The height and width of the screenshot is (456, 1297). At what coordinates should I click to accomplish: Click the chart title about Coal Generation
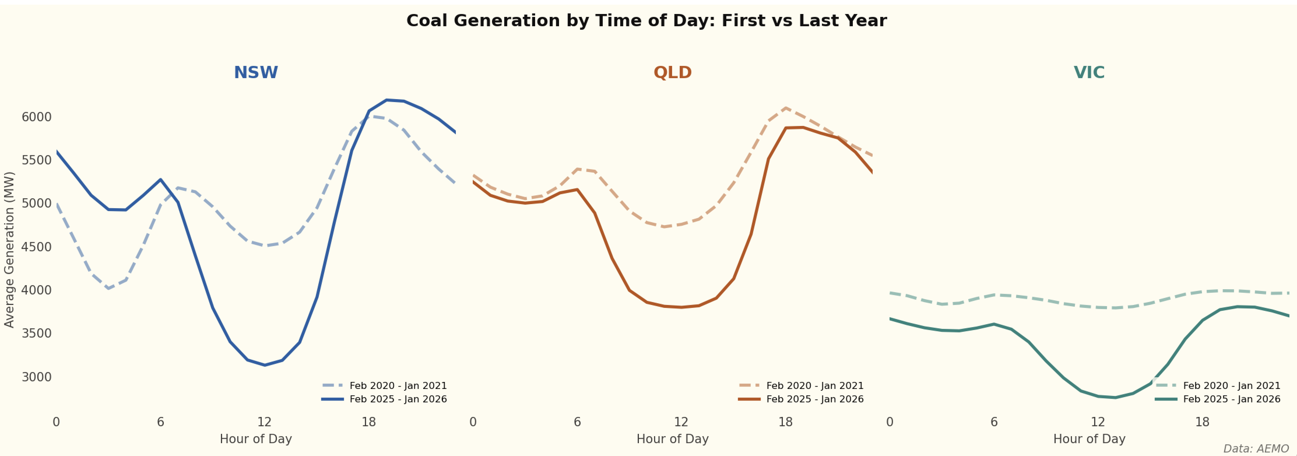coord(646,21)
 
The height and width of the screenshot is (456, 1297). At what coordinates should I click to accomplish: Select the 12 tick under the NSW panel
coord(264,422)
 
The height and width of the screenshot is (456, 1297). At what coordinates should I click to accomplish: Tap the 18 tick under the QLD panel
coord(785,422)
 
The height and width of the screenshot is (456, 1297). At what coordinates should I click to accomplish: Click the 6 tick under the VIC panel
coord(994,422)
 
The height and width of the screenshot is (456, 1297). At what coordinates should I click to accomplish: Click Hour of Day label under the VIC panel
coord(1089,439)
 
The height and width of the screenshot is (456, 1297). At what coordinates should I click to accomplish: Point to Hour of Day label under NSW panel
coord(256,439)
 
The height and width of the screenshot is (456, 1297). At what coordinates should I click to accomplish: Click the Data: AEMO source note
coord(1256,448)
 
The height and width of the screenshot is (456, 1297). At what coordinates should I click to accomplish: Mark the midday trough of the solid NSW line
coord(265,365)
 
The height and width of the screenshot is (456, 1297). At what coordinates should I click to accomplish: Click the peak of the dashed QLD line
coord(785,108)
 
